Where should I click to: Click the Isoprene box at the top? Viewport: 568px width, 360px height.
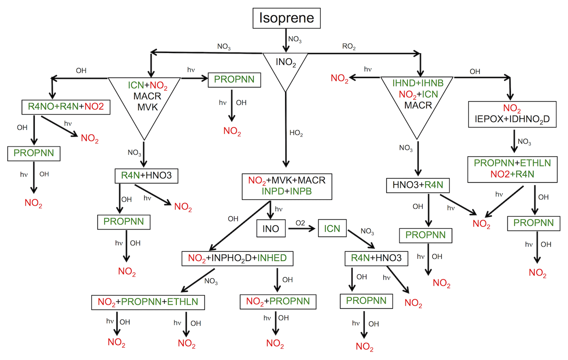(x=287, y=18)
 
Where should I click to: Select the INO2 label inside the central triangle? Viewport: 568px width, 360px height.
(x=286, y=62)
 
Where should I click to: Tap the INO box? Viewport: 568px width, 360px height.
(x=271, y=229)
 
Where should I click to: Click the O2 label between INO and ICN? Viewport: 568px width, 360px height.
(x=300, y=223)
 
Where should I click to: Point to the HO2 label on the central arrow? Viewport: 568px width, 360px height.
(x=296, y=133)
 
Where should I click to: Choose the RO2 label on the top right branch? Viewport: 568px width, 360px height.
(x=349, y=47)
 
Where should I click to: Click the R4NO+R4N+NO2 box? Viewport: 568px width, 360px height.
(x=66, y=107)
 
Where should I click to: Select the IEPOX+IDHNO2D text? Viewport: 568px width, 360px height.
(x=512, y=119)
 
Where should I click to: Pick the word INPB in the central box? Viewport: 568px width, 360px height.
(x=301, y=191)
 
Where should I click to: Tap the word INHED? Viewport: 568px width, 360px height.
(x=272, y=258)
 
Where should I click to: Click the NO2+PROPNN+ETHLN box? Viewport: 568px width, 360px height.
(x=148, y=302)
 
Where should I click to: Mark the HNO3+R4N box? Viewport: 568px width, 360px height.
(x=418, y=185)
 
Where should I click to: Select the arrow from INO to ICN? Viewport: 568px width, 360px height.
(x=301, y=229)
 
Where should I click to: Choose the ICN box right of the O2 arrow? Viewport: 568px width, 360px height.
(x=332, y=229)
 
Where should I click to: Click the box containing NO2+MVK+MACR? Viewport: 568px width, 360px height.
(x=287, y=186)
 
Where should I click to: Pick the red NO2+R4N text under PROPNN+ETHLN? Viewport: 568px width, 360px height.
(x=512, y=174)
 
